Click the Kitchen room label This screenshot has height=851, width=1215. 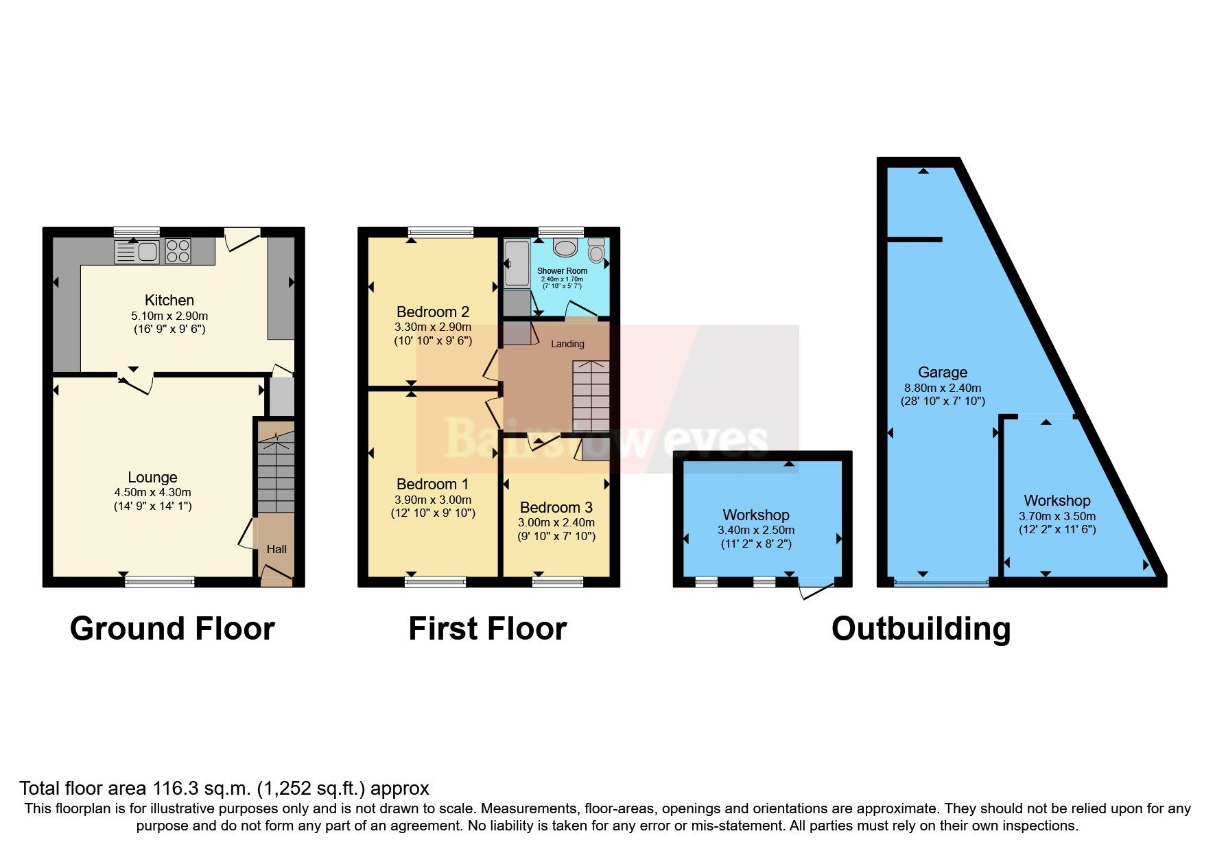169,300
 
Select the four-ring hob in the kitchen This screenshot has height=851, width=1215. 178,250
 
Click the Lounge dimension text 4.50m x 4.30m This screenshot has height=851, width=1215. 152,492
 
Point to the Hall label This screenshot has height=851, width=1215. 276,549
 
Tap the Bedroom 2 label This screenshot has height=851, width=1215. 432,312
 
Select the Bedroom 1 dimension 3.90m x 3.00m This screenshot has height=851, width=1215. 432,500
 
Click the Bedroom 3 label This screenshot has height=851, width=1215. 556,507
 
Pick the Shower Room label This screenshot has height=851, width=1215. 562,271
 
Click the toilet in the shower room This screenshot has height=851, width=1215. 596,252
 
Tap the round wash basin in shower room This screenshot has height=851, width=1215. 566,248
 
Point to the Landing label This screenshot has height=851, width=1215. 567,344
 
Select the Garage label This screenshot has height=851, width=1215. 942,372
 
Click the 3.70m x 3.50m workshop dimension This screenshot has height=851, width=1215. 1057,516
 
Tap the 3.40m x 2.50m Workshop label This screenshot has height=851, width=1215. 755,515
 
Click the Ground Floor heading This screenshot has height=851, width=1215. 172,629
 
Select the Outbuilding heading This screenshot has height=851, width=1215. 921,629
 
